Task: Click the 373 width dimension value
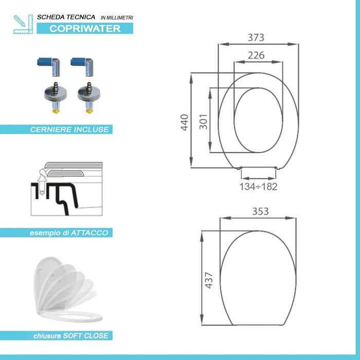click(x=256, y=38)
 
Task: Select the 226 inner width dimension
click(x=256, y=55)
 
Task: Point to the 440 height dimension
click(x=185, y=122)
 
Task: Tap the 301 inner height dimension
click(x=203, y=121)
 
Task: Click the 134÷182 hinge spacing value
click(x=258, y=187)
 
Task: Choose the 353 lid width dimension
click(x=260, y=211)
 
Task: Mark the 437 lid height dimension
click(x=209, y=279)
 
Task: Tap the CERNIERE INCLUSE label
click(x=69, y=130)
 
